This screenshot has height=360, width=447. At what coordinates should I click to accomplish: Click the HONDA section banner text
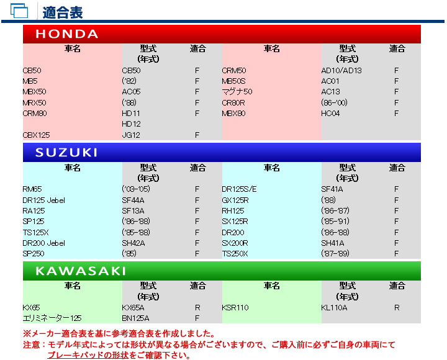(x=67, y=34)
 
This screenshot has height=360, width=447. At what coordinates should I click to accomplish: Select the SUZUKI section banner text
(x=66, y=153)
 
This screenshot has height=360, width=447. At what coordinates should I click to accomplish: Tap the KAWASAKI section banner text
(x=81, y=271)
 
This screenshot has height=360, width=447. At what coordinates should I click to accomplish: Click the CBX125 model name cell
(x=37, y=135)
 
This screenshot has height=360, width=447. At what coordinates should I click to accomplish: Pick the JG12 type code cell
(x=132, y=135)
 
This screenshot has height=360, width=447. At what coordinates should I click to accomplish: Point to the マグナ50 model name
(x=237, y=92)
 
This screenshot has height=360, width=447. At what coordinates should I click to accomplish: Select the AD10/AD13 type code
(x=341, y=71)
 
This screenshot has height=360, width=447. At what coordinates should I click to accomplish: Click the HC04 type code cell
(x=330, y=114)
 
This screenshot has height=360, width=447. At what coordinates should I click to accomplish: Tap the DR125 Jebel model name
(x=43, y=200)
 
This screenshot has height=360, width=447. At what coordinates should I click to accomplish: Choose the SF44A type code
(x=133, y=200)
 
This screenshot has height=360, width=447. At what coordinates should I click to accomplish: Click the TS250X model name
(x=235, y=254)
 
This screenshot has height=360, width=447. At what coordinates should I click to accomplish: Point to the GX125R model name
(x=235, y=200)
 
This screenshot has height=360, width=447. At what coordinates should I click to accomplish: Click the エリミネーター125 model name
(x=52, y=318)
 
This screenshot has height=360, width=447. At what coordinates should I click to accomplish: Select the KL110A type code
(x=334, y=307)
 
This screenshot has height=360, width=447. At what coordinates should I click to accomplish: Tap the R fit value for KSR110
(x=396, y=307)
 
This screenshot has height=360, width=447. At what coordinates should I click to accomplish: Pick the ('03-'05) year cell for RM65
(x=136, y=189)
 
